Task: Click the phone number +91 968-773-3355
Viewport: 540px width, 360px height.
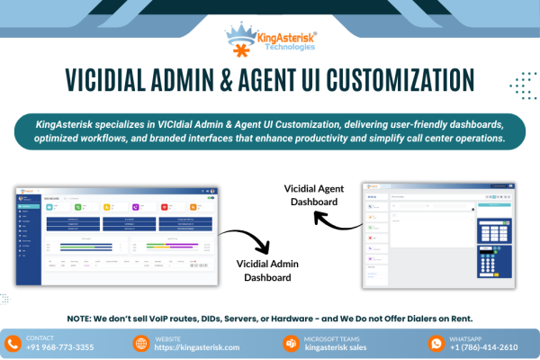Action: tap(60, 347)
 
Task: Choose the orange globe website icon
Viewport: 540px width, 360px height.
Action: tap(140, 343)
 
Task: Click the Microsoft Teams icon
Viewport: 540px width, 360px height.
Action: tap(291, 343)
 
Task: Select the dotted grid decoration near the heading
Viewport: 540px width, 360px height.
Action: tap(522, 86)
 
